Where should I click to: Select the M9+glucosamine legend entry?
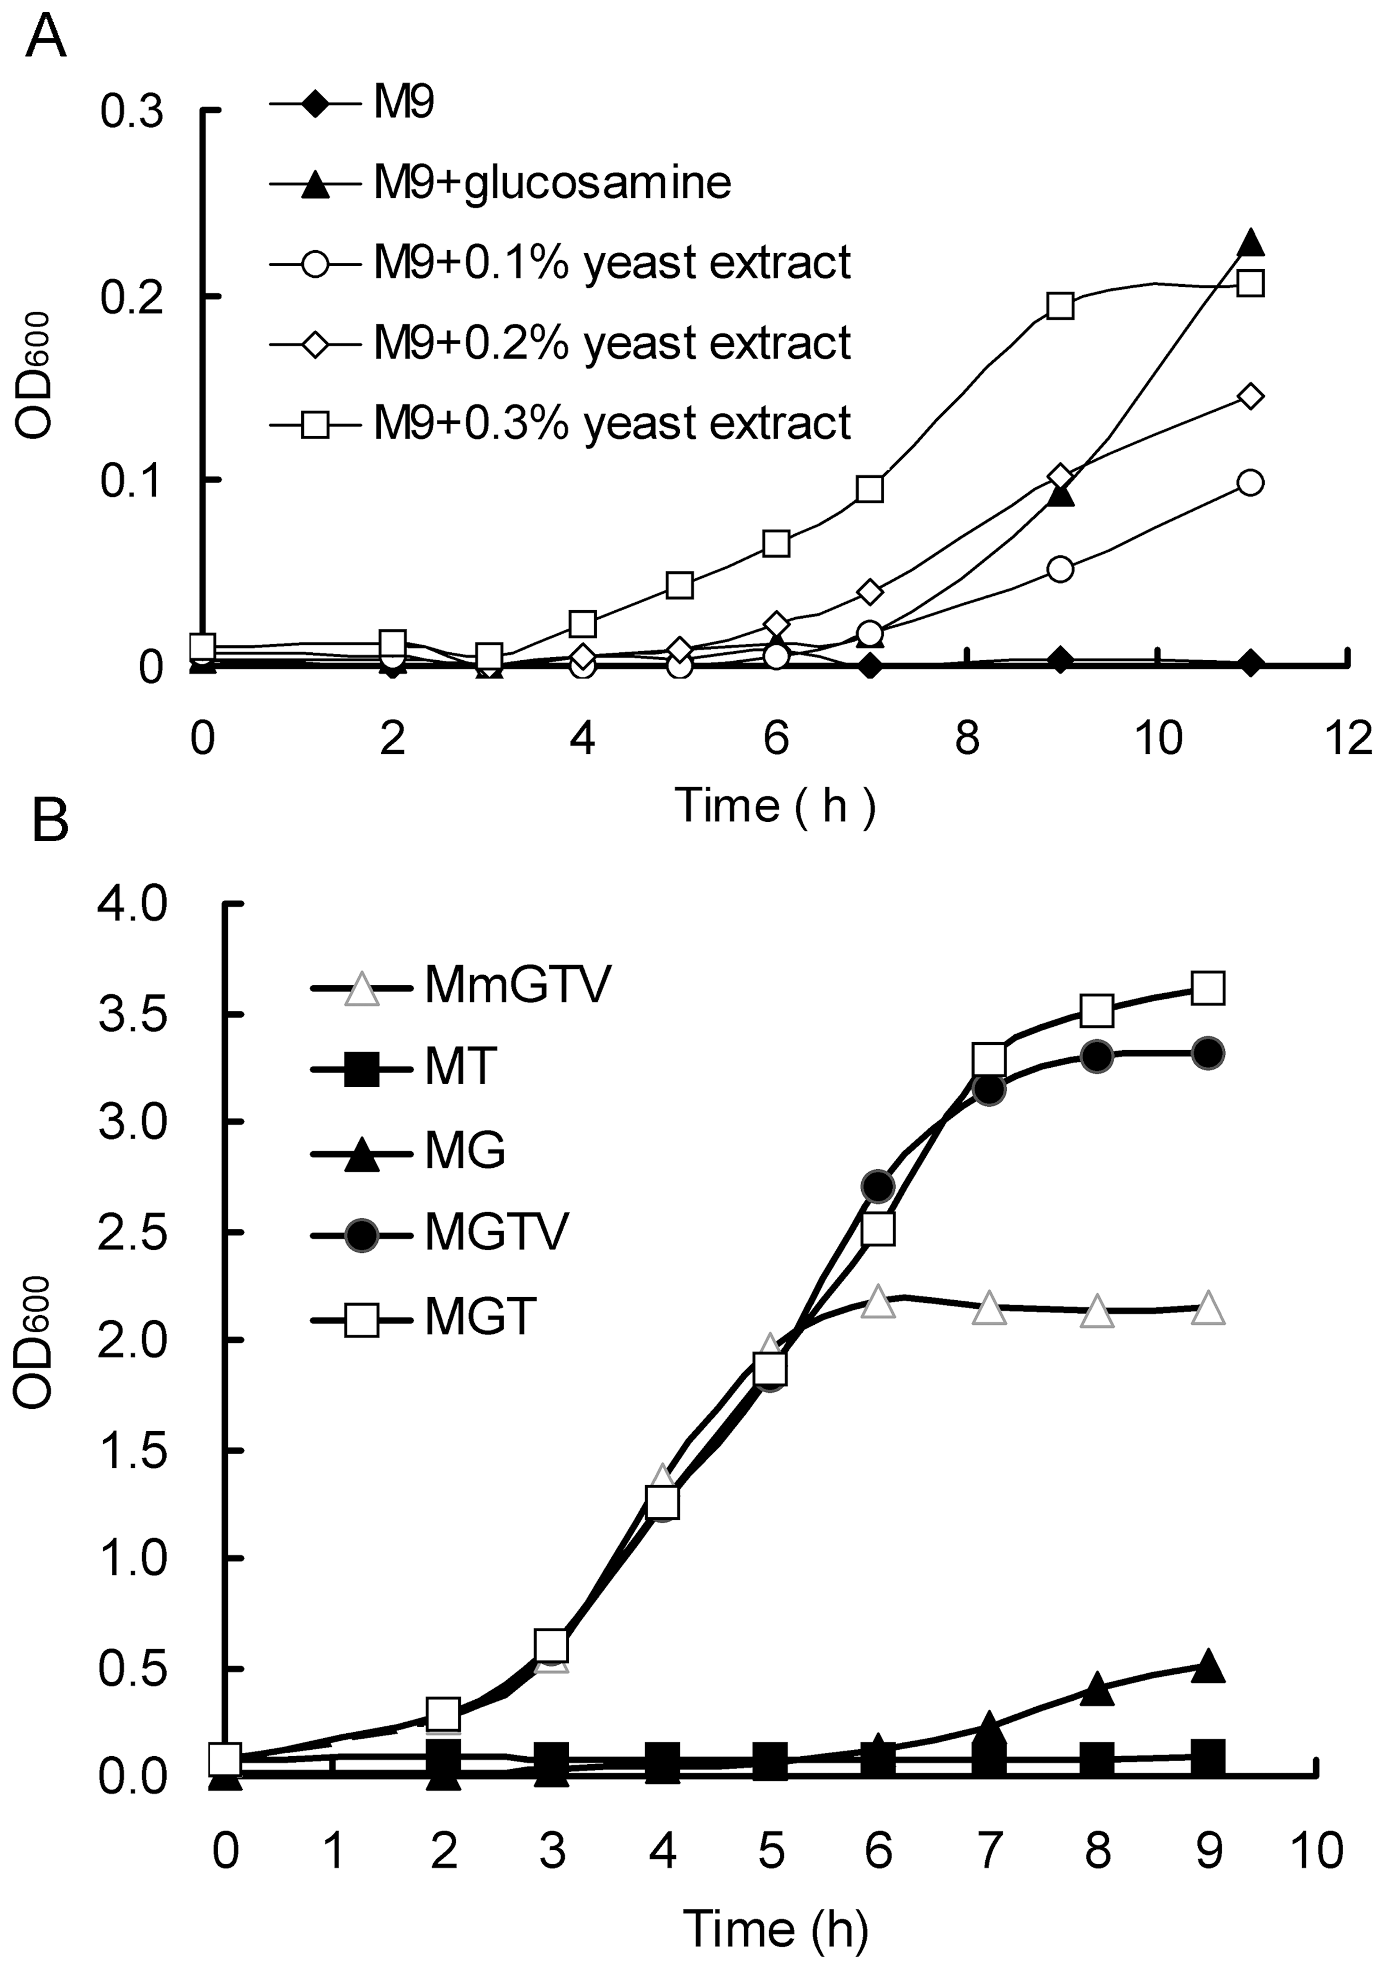click(x=551, y=182)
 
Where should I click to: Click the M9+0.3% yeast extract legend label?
click(x=612, y=423)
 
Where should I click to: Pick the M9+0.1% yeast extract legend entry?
click(x=612, y=262)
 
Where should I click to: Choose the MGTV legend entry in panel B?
click(x=497, y=1232)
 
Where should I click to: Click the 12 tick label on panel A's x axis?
click(x=1348, y=738)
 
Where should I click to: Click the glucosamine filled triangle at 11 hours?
click(x=1251, y=243)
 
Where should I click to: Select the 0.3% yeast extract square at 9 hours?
click(x=1060, y=306)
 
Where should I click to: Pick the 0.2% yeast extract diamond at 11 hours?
click(x=1251, y=396)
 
